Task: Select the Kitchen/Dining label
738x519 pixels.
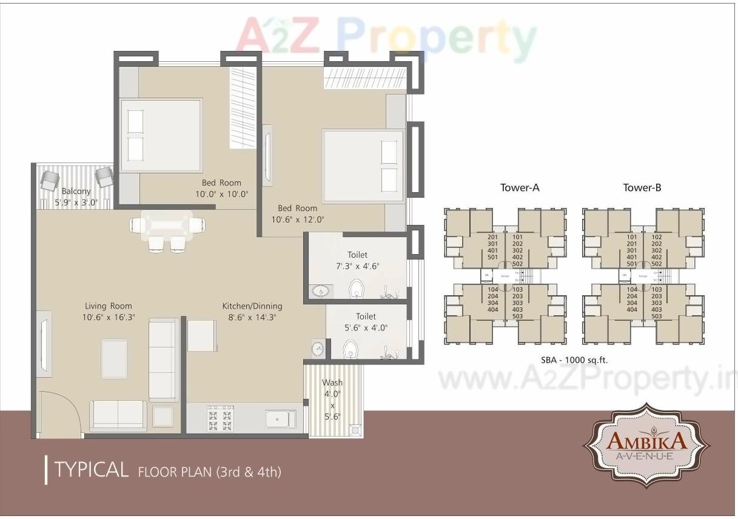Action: (x=252, y=306)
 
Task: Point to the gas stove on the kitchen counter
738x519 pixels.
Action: (x=220, y=417)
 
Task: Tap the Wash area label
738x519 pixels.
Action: (x=332, y=383)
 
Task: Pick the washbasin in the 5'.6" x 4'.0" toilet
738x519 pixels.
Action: (x=318, y=349)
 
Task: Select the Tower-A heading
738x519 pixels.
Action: (x=519, y=188)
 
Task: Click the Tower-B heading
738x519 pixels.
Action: (x=642, y=188)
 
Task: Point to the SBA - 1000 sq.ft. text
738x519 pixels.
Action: (x=574, y=360)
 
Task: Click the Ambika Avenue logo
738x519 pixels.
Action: (x=646, y=445)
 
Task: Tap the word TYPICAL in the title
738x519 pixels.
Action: (x=91, y=469)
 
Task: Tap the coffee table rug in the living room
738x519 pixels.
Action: (x=115, y=358)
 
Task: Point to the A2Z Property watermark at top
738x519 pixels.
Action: (x=386, y=36)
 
